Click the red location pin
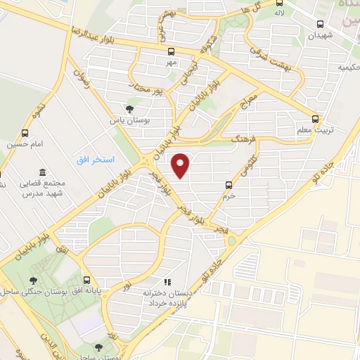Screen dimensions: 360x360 click(x=181, y=165)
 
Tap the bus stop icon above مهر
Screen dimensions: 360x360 click(x=171, y=51)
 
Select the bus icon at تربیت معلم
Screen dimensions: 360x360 click(x=316, y=120)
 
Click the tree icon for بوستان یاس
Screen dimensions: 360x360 click(x=129, y=108)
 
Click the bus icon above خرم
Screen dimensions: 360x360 click(x=229, y=185)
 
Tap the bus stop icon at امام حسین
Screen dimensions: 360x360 click(x=25, y=132)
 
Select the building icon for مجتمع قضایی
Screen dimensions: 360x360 click(x=44, y=173)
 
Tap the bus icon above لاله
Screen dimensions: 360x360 click(x=280, y=2)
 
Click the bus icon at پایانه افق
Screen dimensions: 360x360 click(x=86, y=279)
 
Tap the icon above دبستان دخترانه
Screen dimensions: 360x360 click(x=167, y=281)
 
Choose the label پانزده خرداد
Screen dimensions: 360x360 click(x=165, y=302)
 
